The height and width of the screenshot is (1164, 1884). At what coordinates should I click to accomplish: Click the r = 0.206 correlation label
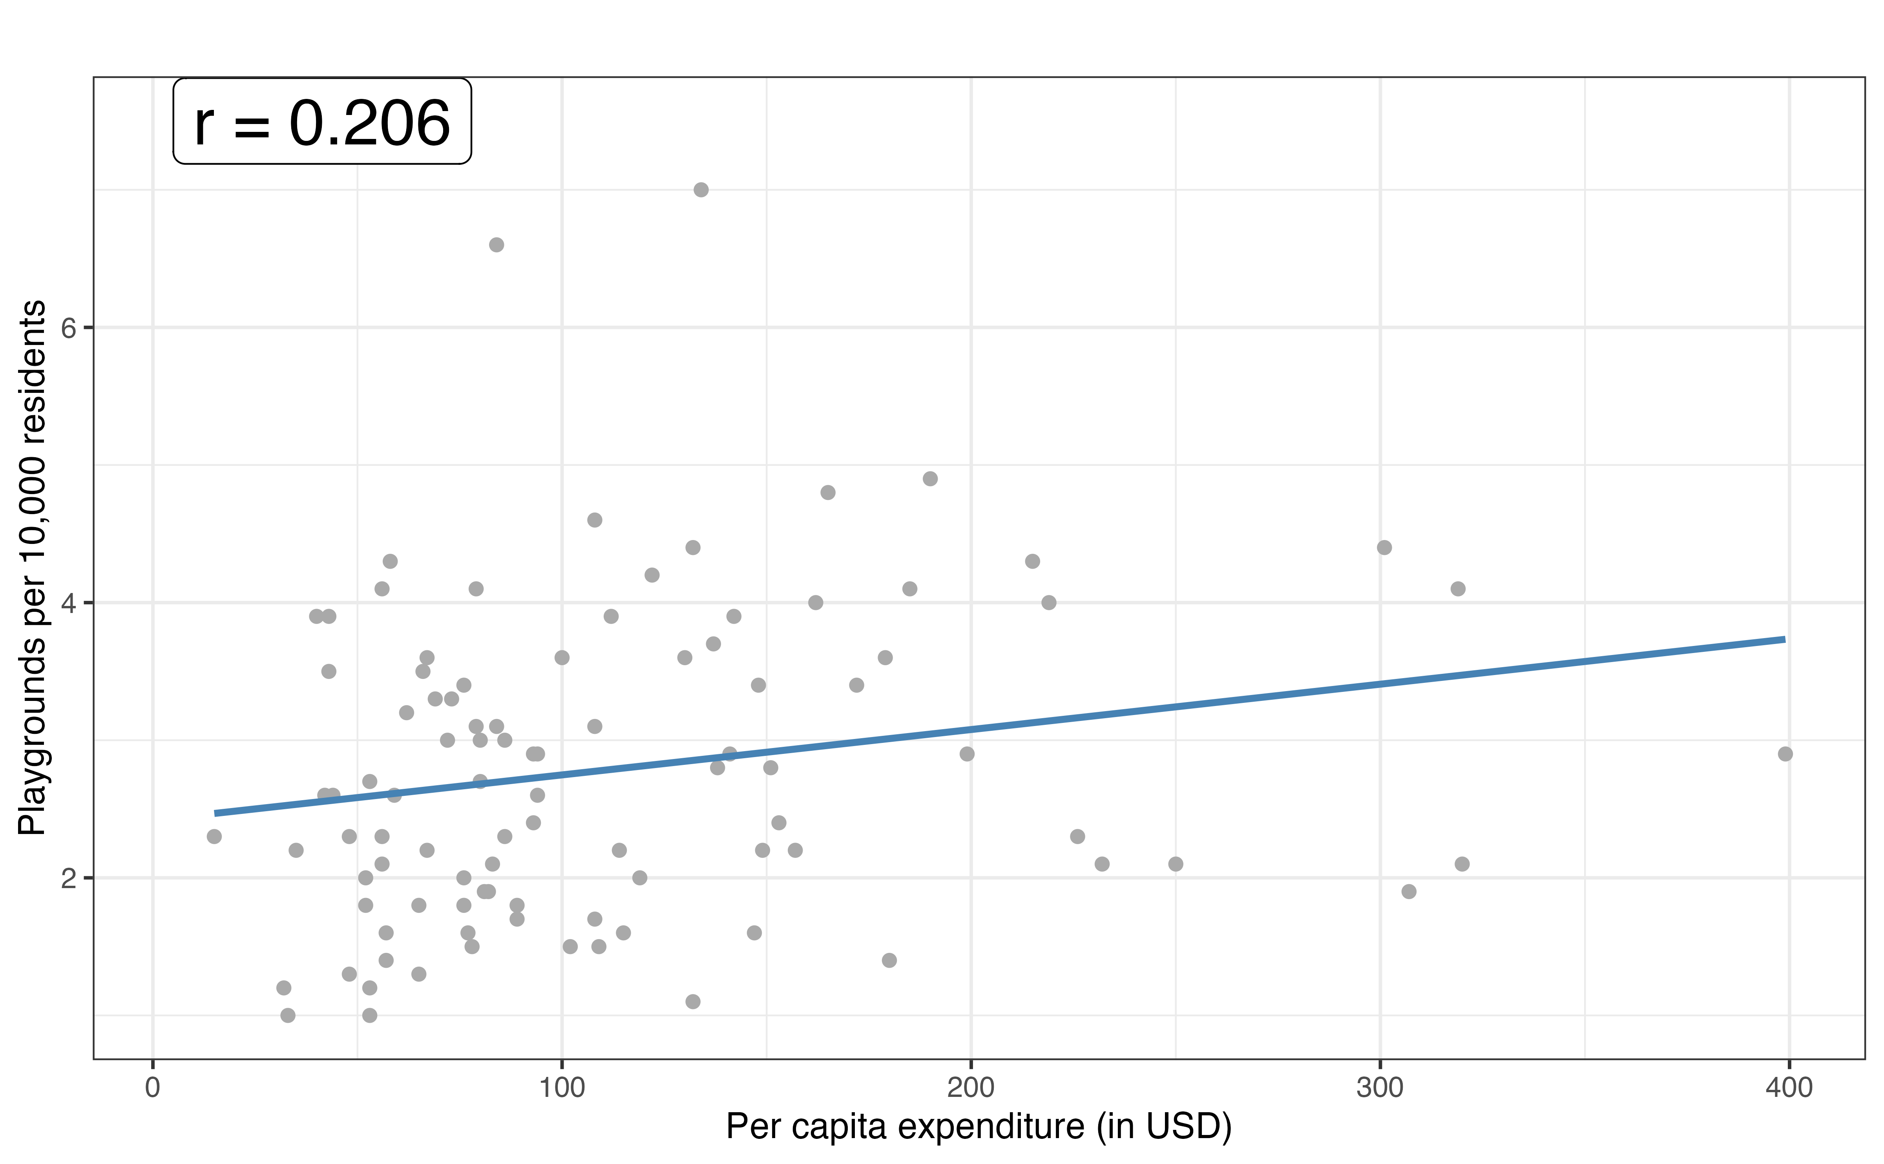tap(322, 122)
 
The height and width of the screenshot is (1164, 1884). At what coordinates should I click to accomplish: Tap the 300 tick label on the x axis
tap(1380, 1088)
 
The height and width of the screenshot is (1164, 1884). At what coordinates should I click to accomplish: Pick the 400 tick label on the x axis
tap(1789, 1088)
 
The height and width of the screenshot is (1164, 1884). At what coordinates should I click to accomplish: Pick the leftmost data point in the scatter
tap(214, 836)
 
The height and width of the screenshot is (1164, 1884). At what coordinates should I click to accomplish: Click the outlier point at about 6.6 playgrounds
tap(497, 245)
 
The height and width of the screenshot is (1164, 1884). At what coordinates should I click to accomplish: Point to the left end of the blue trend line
tap(215, 813)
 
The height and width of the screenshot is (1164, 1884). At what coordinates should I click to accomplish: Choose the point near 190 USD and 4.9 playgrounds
tap(930, 479)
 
